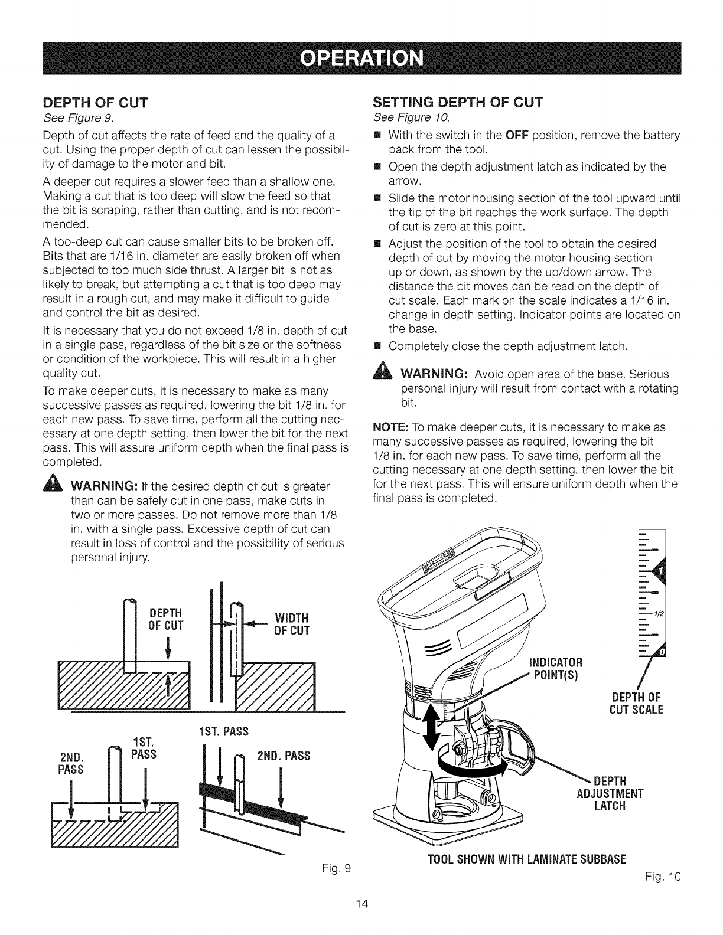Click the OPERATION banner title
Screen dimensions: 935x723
pyautogui.click(x=361, y=58)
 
